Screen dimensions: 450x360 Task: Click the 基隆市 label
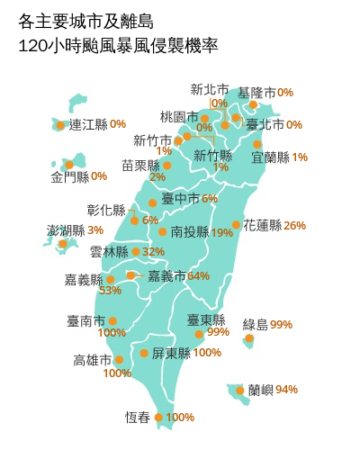click(256, 93)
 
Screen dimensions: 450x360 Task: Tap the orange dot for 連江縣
click(60, 125)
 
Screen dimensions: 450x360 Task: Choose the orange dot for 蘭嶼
click(240, 390)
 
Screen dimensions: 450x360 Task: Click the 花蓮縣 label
click(263, 225)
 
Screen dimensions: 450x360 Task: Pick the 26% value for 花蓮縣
click(294, 225)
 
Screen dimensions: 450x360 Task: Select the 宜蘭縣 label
click(271, 157)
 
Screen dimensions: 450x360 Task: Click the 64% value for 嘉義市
click(198, 275)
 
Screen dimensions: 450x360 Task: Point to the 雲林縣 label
click(109, 252)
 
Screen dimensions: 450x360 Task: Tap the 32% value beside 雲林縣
click(153, 252)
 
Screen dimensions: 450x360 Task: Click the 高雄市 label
click(92, 360)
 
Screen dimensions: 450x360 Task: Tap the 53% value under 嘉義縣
click(110, 291)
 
